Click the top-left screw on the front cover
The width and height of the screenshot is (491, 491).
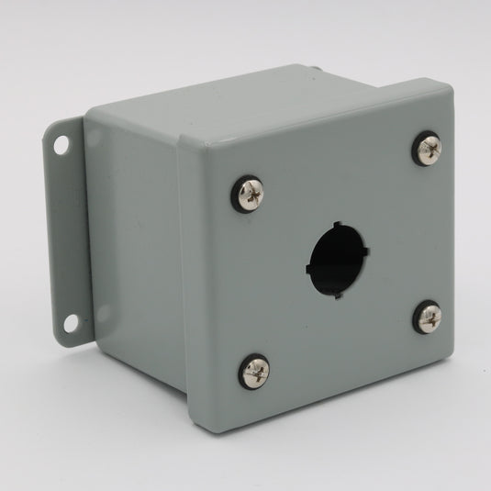249,194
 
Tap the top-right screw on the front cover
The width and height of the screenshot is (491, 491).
427,149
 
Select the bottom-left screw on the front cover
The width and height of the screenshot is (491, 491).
255,371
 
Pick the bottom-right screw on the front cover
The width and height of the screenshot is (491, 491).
428,318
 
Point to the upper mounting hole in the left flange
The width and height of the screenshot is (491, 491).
61,145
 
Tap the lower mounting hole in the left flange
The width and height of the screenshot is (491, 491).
71,323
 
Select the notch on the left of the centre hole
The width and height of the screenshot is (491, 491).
309,267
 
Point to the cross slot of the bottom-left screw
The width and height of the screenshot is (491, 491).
255,371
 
